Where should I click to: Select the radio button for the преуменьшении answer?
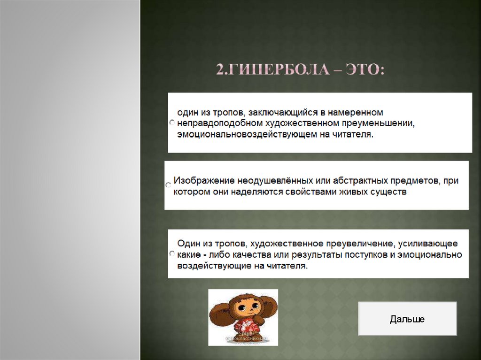tap(171, 123)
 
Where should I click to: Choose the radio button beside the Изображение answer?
tap(168, 185)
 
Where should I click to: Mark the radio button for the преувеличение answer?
tap(171, 253)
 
